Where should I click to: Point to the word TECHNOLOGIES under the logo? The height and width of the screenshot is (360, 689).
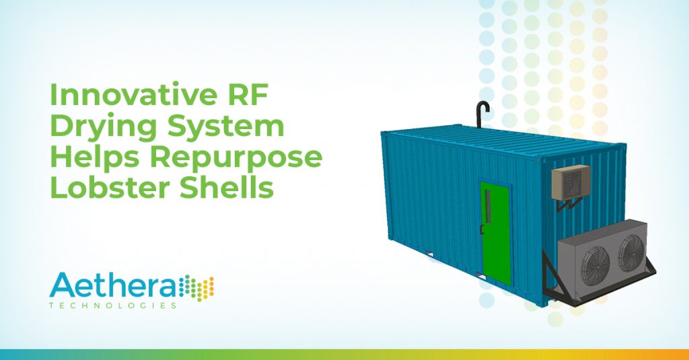[x=113, y=305]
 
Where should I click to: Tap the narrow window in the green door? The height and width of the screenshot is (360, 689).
[x=487, y=205]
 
